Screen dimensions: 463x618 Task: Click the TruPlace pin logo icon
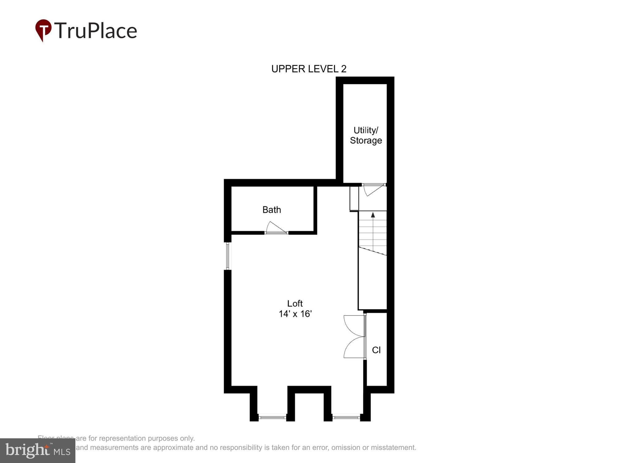click(x=43, y=30)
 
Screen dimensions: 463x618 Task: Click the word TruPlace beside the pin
click(x=96, y=31)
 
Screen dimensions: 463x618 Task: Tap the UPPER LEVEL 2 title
click(x=309, y=69)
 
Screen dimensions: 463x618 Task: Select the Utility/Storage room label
click(x=366, y=136)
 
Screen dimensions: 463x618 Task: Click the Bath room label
click(x=272, y=210)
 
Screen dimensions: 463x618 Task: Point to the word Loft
click(x=295, y=303)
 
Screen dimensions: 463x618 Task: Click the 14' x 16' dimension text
click(x=295, y=314)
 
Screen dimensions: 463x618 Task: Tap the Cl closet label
click(x=376, y=350)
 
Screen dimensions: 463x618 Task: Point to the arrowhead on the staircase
click(x=373, y=215)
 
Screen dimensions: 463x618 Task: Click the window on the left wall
click(x=228, y=256)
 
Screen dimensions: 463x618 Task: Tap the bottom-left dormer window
click(x=272, y=418)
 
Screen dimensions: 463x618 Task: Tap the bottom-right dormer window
click(x=346, y=418)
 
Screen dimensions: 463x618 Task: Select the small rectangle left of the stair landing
click(x=354, y=198)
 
